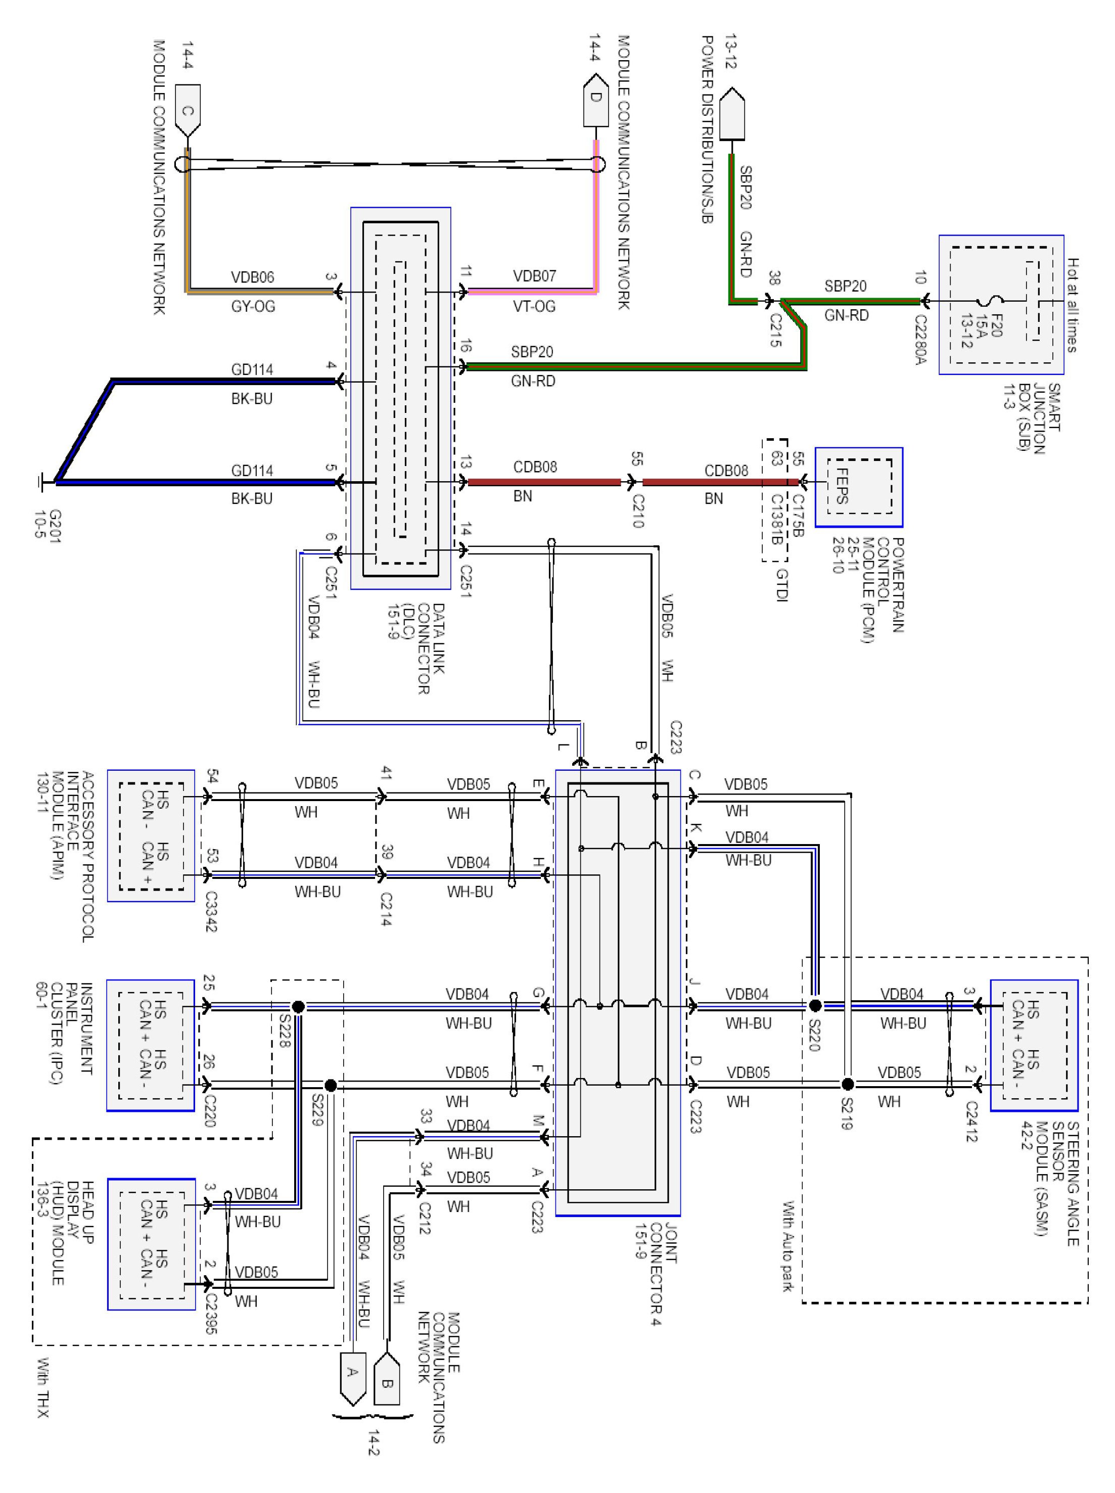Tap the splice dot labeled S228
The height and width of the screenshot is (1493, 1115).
[x=298, y=1006]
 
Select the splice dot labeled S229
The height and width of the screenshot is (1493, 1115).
[x=330, y=1085]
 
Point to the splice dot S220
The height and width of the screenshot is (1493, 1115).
[x=815, y=1006]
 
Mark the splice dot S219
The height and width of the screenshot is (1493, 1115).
[x=848, y=1085]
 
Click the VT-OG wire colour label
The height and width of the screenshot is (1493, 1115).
[x=534, y=306]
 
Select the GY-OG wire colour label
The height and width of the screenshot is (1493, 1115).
[x=253, y=306]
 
